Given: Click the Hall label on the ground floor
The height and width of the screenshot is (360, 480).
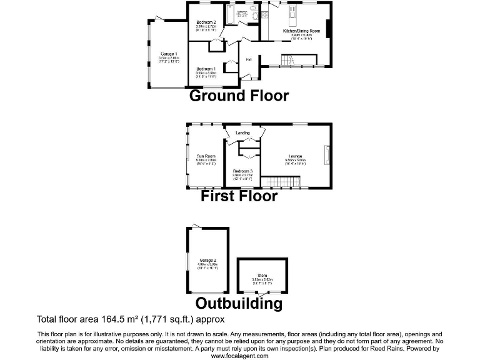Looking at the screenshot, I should [248, 59].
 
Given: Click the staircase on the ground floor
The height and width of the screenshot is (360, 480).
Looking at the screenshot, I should [288, 61].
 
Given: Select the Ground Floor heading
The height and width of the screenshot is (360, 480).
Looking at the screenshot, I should [239, 96].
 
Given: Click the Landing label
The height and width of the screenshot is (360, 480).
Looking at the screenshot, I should [242, 132].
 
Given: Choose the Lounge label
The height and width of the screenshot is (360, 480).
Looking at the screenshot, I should [296, 156].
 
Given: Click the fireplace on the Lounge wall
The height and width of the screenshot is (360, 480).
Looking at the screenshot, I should [326, 154].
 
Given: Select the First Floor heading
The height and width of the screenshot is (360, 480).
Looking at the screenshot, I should [239, 196].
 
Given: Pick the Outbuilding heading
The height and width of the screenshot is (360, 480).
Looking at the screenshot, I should [239, 304].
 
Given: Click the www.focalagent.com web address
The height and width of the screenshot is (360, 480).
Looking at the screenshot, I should [239, 356].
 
